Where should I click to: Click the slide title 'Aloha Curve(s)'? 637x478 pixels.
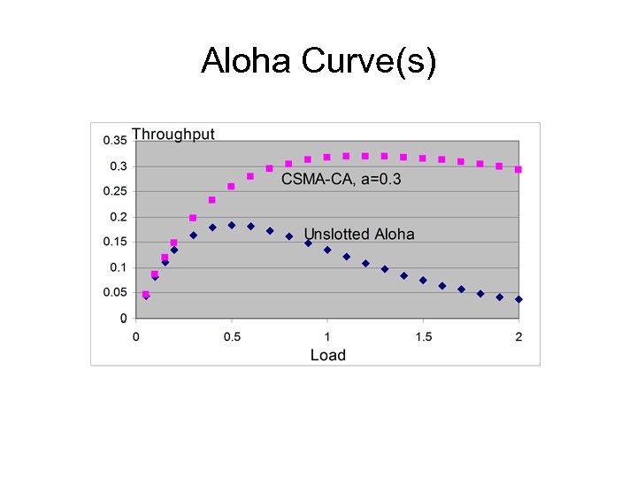click(x=318, y=62)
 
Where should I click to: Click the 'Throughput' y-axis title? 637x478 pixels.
click(x=173, y=135)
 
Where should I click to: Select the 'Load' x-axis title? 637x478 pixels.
click(x=327, y=355)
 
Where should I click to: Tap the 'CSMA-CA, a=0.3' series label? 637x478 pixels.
click(x=341, y=180)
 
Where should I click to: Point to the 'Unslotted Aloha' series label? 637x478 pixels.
click(x=359, y=234)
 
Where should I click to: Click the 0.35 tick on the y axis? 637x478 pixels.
click(x=115, y=141)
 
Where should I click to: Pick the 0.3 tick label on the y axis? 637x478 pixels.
click(x=118, y=166)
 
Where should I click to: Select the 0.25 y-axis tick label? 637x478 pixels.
click(x=115, y=191)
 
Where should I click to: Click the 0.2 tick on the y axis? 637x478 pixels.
click(x=118, y=217)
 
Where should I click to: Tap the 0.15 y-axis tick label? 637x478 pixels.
click(x=115, y=242)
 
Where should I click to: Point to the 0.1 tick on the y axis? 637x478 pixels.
click(x=118, y=267)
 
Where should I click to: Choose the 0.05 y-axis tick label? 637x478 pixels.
click(x=115, y=292)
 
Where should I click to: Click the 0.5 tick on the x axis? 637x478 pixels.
click(x=231, y=336)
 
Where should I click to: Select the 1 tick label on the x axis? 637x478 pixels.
click(x=327, y=336)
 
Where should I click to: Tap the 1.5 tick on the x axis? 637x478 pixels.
click(x=423, y=336)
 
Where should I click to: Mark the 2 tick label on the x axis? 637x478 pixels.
click(x=518, y=336)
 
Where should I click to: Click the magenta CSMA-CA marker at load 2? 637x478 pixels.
click(x=518, y=169)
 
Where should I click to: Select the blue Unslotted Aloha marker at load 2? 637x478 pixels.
click(x=518, y=299)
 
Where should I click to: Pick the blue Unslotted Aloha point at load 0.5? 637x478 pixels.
click(x=232, y=225)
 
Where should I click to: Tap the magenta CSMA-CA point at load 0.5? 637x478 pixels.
click(x=232, y=187)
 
